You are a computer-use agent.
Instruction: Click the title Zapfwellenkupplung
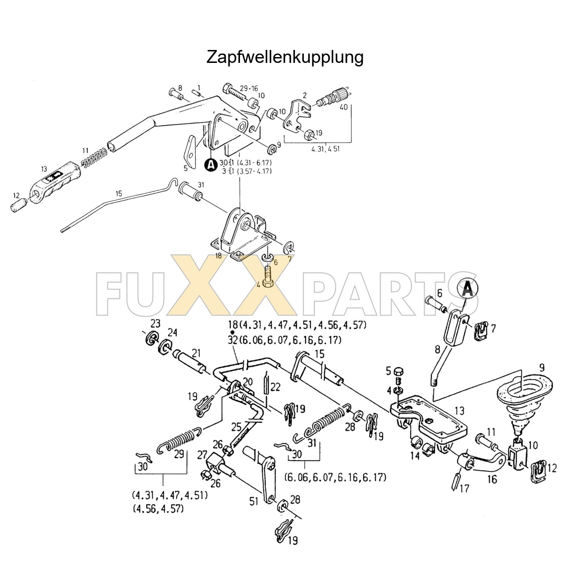point(285,57)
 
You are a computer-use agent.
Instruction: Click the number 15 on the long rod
point(119,194)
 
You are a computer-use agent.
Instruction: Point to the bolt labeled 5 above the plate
point(399,371)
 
